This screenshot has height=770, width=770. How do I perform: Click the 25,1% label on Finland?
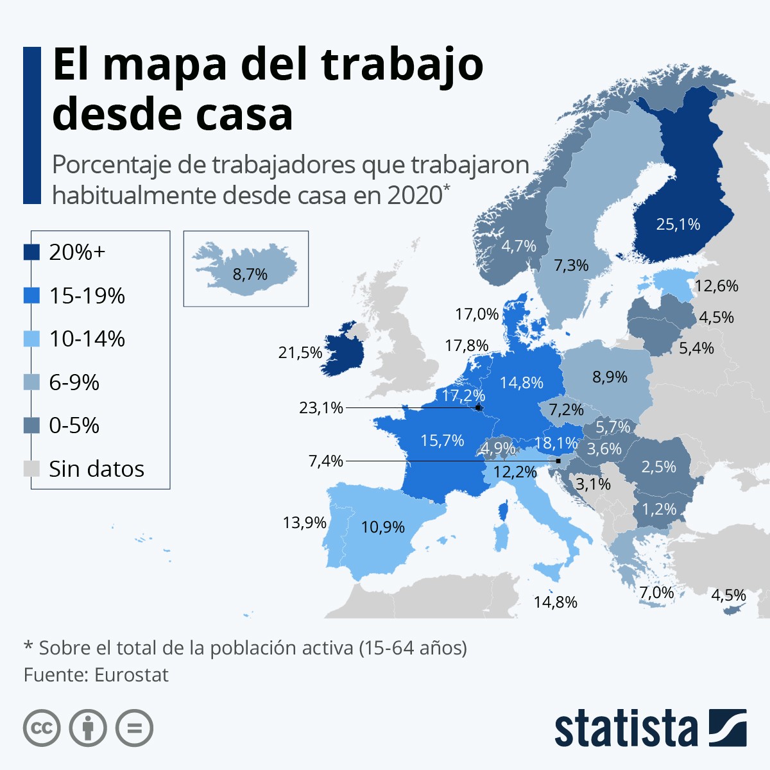pos(678,224)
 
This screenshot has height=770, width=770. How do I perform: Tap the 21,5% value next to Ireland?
pos(300,352)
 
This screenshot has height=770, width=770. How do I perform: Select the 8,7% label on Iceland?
pos(250,275)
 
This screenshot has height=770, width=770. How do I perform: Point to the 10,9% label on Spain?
pos(382,527)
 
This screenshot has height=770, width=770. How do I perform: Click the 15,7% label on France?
pos(442,440)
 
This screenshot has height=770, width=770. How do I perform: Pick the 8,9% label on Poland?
pos(610,377)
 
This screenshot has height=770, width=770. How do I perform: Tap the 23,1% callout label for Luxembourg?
pos(321,407)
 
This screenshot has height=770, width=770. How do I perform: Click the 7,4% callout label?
pos(326,461)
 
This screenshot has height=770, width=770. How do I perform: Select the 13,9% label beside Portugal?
pos(305,522)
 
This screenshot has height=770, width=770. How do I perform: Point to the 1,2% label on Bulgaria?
pos(659,509)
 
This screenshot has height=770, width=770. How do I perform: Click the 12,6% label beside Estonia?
pos(716,286)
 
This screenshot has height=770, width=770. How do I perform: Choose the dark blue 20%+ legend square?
pos(32,252)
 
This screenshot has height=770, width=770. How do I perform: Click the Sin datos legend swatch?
pos(32,469)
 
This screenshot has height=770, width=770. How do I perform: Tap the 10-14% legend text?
pos(87,339)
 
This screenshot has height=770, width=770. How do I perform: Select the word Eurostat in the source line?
pos(131,675)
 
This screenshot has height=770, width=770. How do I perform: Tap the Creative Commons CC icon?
pos(42,728)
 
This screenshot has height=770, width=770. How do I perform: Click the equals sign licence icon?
pos(134,728)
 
